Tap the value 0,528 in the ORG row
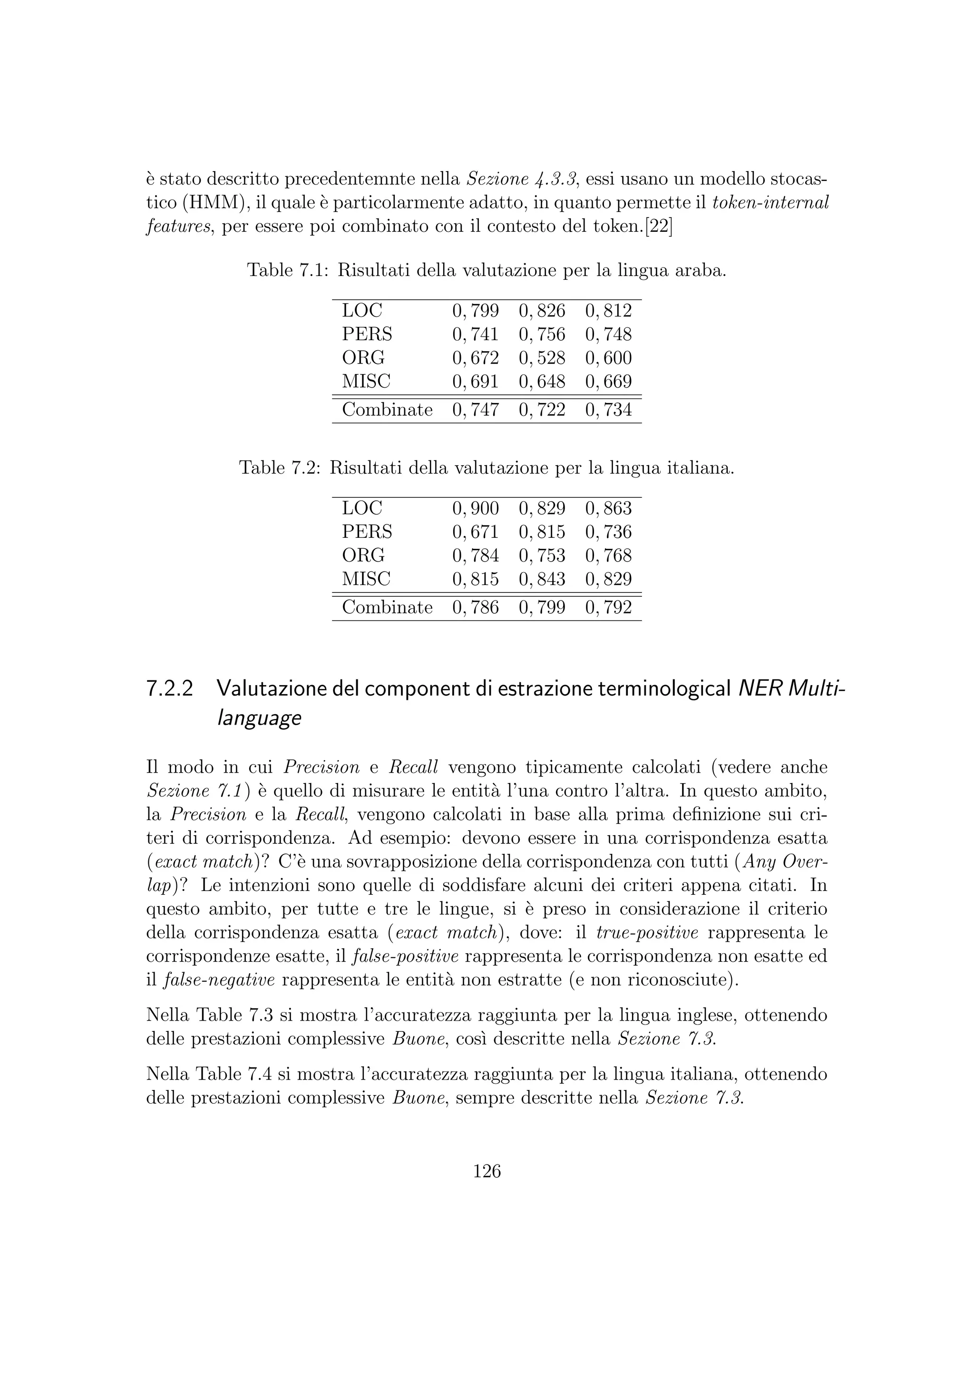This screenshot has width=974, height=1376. click(x=542, y=358)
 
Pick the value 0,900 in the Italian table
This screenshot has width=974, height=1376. click(x=475, y=508)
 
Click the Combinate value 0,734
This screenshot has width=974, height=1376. click(x=608, y=410)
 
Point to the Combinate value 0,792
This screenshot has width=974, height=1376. click(x=608, y=608)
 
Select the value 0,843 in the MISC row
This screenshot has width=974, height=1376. click(x=542, y=579)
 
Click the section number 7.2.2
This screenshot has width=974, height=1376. click(x=170, y=689)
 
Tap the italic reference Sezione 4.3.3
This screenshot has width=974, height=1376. click(x=521, y=179)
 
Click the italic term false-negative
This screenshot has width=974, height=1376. click(x=219, y=980)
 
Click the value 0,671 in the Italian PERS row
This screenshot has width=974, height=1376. click(x=475, y=532)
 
